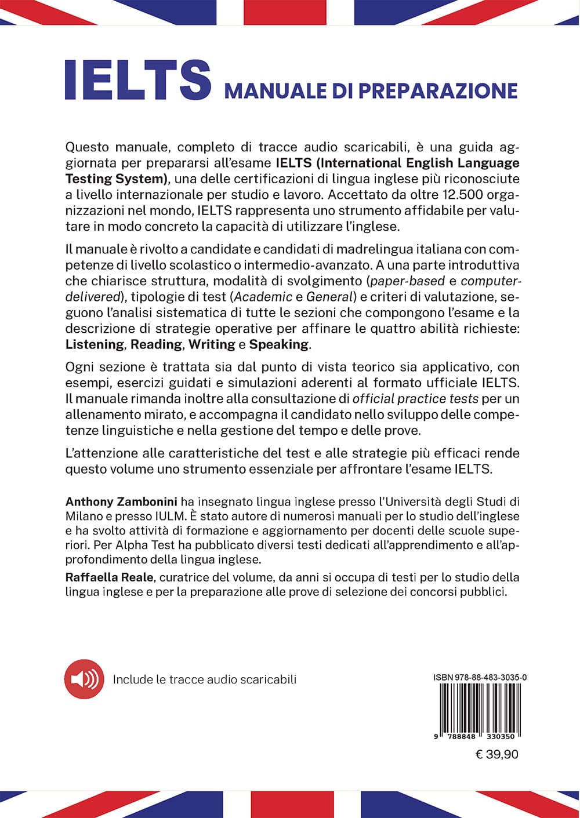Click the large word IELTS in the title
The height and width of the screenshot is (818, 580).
coord(138,80)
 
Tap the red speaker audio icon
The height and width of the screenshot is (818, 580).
coord(84,679)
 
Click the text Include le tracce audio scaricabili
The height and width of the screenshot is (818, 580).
coord(204,679)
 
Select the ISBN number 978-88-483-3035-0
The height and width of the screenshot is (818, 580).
coord(476,677)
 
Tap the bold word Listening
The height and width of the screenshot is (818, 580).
coord(95,344)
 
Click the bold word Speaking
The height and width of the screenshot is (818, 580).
coord(279,344)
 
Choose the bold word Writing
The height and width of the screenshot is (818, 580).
coord(212,344)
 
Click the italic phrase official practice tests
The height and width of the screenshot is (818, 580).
coord(416,399)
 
